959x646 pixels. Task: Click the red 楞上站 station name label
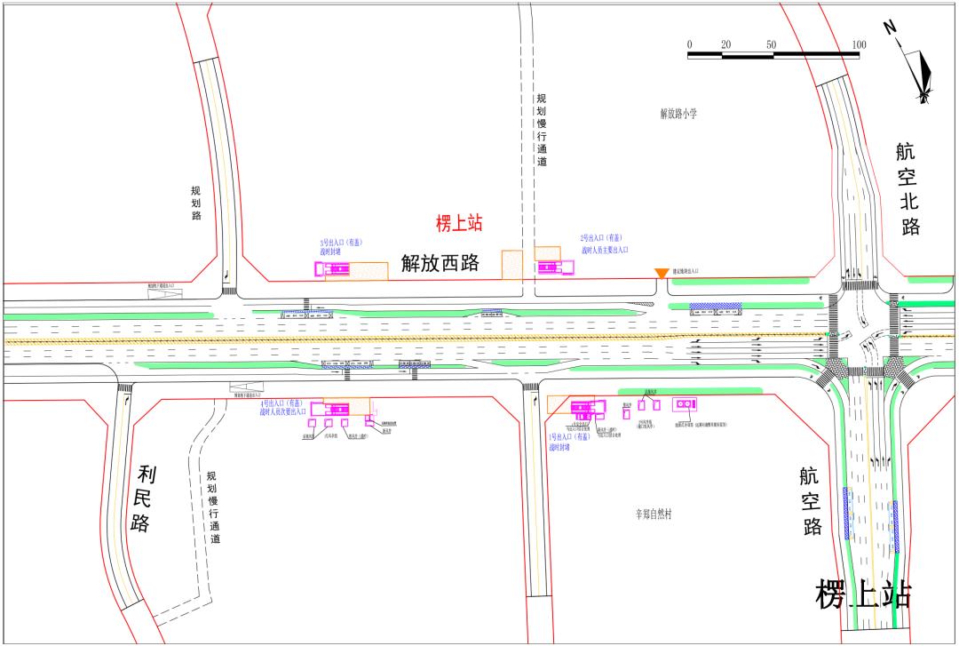click(x=459, y=224)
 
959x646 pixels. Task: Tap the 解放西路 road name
click(x=440, y=263)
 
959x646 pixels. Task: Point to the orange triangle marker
click(x=661, y=274)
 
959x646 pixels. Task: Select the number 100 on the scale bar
click(x=859, y=44)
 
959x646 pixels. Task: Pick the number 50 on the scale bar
click(x=771, y=44)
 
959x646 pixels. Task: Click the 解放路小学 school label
click(x=678, y=113)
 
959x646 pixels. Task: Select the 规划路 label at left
click(x=196, y=203)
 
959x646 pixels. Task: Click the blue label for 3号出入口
click(x=341, y=247)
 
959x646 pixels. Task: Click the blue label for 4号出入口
click(x=282, y=408)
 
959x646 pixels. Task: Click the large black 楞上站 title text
click(x=863, y=594)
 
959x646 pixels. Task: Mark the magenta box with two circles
click(x=684, y=405)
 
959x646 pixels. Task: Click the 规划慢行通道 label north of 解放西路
click(x=541, y=131)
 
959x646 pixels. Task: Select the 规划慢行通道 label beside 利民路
click(x=213, y=507)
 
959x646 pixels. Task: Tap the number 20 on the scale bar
click(x=725, y=44)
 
